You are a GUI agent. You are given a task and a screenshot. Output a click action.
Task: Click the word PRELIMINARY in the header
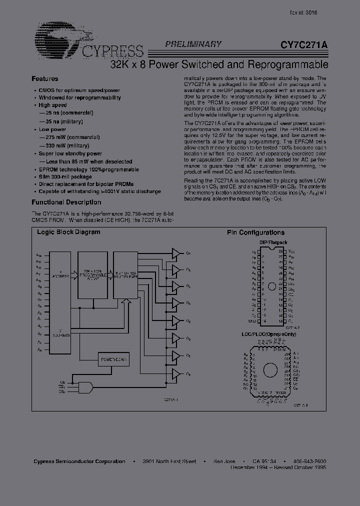(193, 44)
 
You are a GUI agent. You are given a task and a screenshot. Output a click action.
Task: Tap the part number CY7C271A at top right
(304, 44)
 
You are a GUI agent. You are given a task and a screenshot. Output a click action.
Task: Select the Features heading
(45, 79)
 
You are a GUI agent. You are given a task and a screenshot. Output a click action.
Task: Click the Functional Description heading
(66, 202)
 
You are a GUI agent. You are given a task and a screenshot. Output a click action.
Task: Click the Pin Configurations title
(255, 232)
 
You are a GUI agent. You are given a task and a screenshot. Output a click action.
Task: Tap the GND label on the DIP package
(252, 320)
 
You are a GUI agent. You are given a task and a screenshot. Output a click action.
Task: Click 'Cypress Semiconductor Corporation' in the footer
(79, 461)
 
